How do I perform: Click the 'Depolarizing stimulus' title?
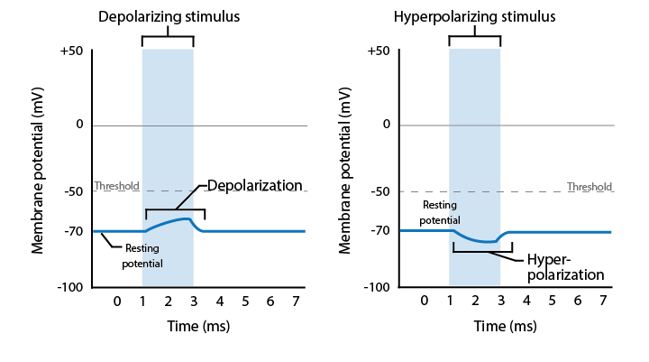coord(168,17)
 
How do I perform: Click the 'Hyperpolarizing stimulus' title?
coord(474,17)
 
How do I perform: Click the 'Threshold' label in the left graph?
coord(116,187)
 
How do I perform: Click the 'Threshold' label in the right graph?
coord(589,187)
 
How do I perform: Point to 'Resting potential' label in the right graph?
coord(440,212)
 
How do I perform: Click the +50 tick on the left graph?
coord(71,51)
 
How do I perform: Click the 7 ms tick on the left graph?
coord(296,300)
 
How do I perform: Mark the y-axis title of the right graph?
coord(346,170)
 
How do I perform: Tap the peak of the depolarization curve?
coord(185,218)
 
